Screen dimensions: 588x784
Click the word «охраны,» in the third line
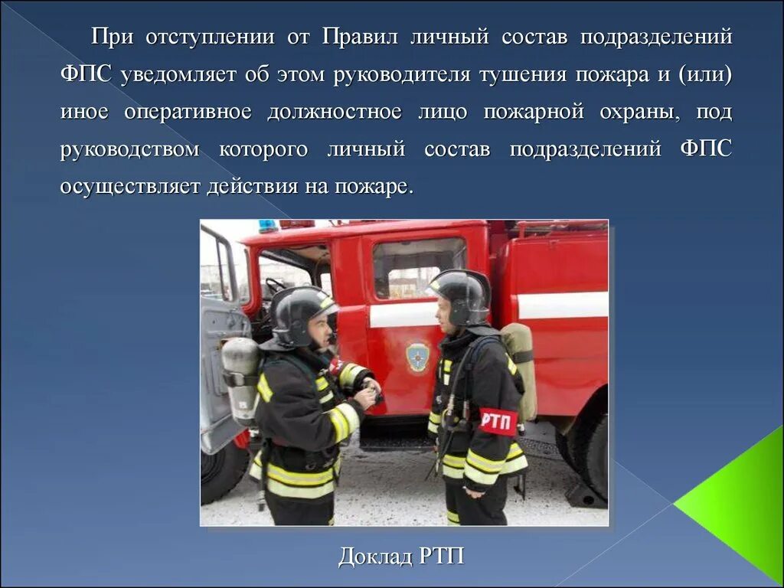pos(642,112)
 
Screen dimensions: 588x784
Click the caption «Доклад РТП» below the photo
pos(401,557)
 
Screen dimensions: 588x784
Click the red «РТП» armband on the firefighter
pos(498,420)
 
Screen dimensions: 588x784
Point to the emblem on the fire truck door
pos(417,356)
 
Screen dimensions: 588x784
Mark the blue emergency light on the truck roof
pos(268,227)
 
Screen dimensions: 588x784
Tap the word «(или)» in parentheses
pos(705,75)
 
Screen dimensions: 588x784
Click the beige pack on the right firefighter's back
pos(521,367)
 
